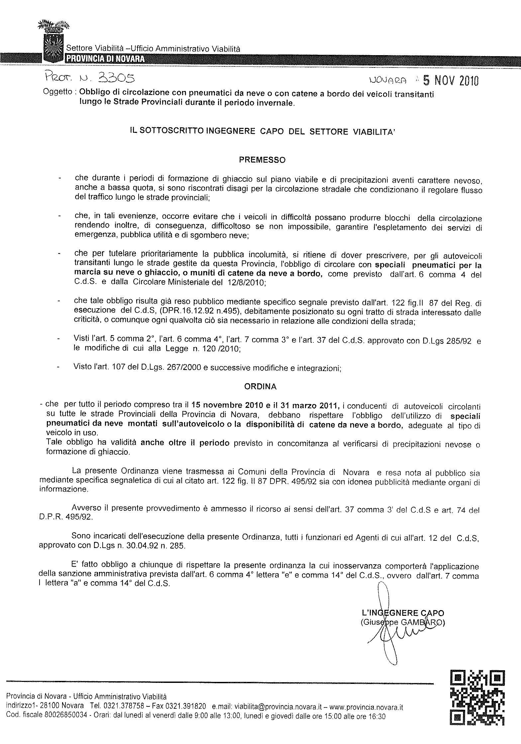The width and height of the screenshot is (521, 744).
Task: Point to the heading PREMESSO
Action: [x=262, y=160]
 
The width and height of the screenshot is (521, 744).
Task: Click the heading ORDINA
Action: [x=260, y=387]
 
